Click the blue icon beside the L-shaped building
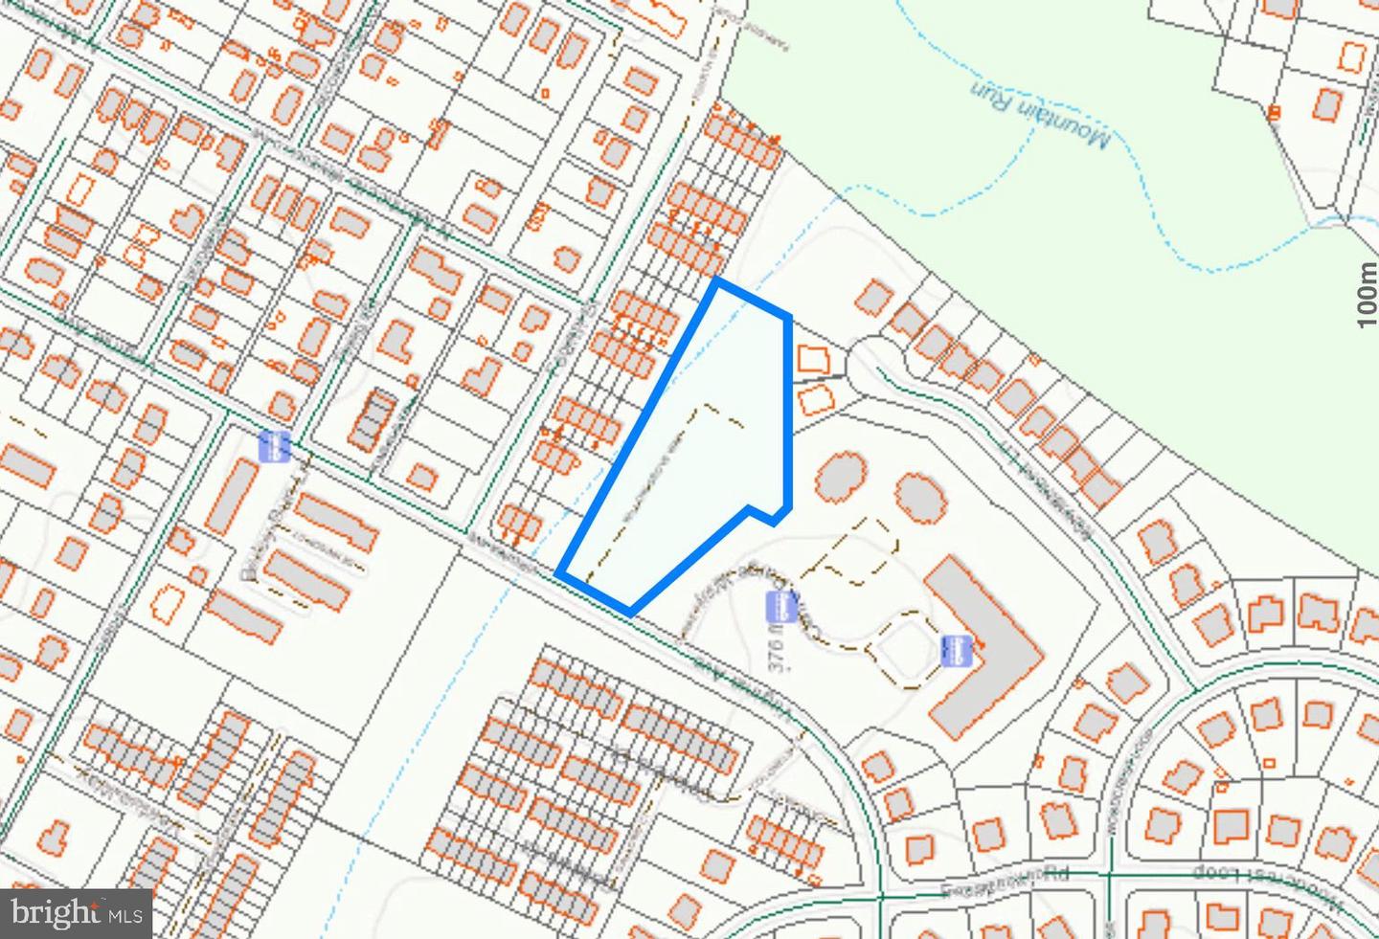click(955, 649)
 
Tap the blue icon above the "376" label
click(781, 606)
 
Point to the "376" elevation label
click(776, 652)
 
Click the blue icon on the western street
click(275, 446)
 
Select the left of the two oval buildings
click(841, 477)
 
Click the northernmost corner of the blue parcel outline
click(716, 281)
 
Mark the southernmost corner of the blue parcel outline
click(629, 612)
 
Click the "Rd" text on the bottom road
click(1055, 873)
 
